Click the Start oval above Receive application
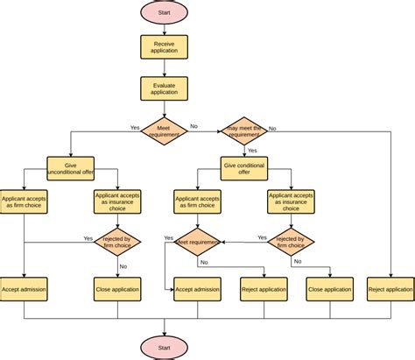(164, 12)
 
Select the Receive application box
(164, 46)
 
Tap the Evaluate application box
(164, 88)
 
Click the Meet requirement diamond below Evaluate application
(164, 131)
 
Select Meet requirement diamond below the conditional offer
(198, 240)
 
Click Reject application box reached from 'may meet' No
(390, 289)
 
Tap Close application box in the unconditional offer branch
(117, 289)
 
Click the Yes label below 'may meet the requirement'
(252, 150)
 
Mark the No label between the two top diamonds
(193, 126)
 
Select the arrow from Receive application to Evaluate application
(164, 67)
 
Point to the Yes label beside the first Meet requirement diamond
(135, 127)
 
